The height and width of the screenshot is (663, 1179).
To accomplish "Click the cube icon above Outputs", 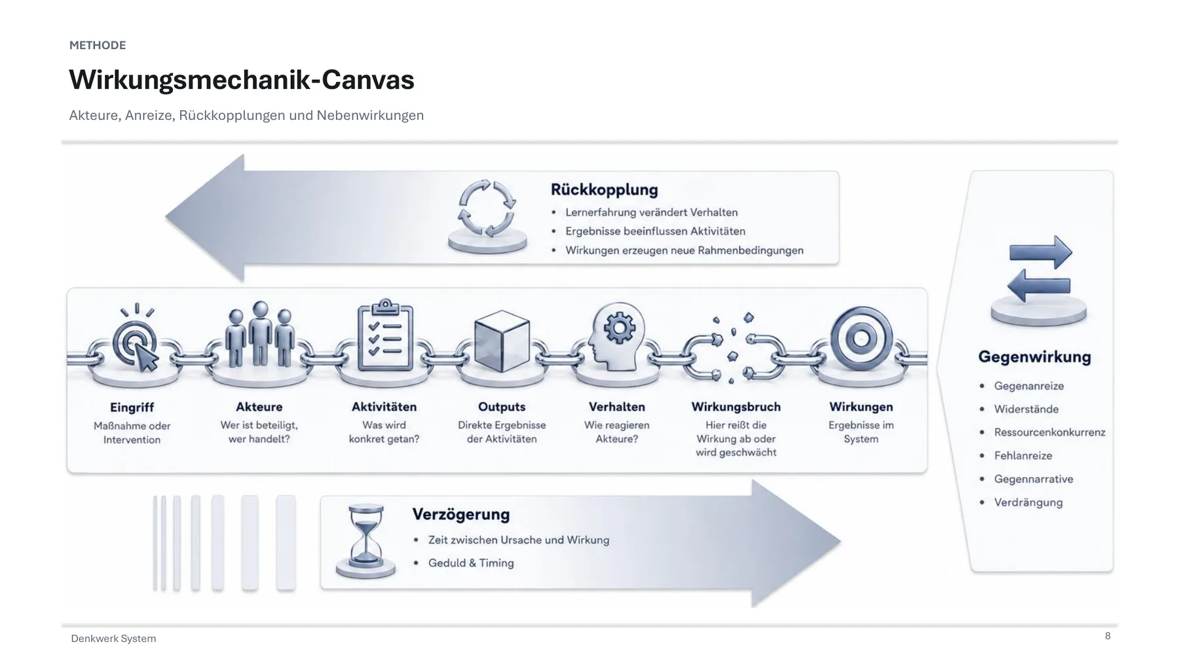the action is point(502,341).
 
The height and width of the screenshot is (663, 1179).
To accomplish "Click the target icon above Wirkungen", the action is point(861,338).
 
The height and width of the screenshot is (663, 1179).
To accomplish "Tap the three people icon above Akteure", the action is point(260,334).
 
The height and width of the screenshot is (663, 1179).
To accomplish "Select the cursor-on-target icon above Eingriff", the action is point(136,339).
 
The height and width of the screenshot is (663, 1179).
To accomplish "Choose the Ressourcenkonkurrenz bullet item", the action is point(1049,432).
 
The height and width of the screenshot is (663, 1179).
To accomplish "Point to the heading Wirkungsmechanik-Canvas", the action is point(242,80).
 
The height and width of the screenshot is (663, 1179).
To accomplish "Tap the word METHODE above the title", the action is point(98,45).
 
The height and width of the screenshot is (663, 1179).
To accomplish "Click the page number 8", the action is point(1108,635).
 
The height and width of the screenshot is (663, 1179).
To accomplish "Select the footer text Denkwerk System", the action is point(113,638).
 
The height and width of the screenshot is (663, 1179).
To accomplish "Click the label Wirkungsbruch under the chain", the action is point(736,407).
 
